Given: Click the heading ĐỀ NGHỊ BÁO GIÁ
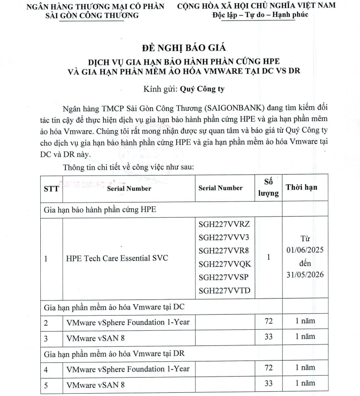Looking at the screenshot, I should (180, 48).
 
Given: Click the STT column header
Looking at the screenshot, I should (51, 188).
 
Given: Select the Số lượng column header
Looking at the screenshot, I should (269, 187).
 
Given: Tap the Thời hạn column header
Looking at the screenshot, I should (301, 187).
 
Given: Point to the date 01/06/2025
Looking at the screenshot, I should (305, 250).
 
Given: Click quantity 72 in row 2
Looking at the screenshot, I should (269, 322).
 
